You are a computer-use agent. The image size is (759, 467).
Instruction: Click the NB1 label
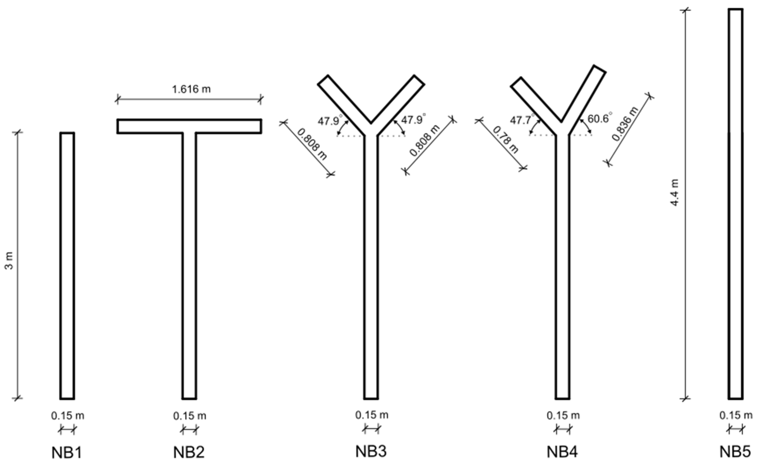pyautogui.click(x=67, y=453)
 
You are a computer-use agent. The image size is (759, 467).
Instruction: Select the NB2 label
pyautogui.click(x=189, y=453)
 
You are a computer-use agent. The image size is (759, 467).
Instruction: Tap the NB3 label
pyautogui.click(x=371, y=452)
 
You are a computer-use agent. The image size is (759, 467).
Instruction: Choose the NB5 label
pyautogui.click(x=735, y=452)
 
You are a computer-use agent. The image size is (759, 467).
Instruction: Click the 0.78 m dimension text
pyautogui.click(x=505, y=140)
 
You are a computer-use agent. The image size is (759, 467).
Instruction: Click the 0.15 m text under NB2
pyautogui.click(x=189, y=416)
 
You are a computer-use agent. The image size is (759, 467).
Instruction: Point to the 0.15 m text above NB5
pyautogui.click(x=736, y=415)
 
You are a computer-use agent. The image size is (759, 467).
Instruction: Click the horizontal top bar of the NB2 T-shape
pyautogui.click(x=189, y=126)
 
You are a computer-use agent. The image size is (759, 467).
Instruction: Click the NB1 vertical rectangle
pyautogui.click(x=67, y=266)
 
